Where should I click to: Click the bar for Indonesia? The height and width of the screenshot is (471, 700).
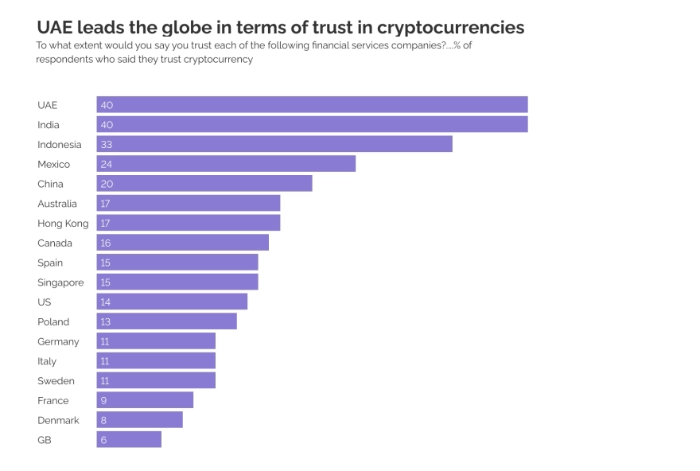coord(274,144)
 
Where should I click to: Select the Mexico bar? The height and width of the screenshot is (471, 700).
coord(226,164)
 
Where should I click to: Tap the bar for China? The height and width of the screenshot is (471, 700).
coord(204,184)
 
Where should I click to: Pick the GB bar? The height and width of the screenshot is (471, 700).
coord(129,439)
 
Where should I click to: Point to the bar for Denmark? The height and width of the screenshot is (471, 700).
coord(140,420)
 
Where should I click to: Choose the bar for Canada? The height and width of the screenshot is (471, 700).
coord(183,243)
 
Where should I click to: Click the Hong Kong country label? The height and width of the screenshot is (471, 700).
coord(63,224)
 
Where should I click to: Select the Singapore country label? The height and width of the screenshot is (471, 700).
coord(60,282)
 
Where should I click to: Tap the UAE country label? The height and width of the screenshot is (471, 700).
coord(48,105)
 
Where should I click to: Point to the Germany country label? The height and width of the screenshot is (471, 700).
coord(58,341)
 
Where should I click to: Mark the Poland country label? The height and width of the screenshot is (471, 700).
coord(53,321)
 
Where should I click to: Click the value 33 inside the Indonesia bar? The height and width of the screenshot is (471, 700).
coord(107,144)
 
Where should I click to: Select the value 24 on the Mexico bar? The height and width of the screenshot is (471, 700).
coord(107,164)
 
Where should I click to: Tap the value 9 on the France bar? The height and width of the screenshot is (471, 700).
coord(103,400)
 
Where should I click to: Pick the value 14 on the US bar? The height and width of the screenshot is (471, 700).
coord(106,302)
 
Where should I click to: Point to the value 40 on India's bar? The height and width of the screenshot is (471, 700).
coord(107,125)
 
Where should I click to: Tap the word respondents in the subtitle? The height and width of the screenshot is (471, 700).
coord(68,60)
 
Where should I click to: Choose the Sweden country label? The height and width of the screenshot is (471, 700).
coord(56,380)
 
